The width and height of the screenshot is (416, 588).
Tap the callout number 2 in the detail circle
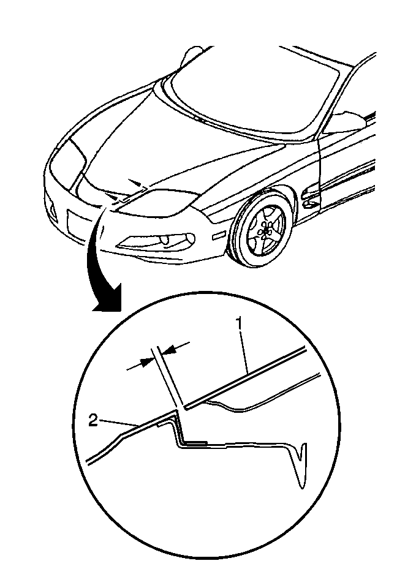pos(93,421)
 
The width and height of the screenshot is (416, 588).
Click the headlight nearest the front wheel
pos(157,203)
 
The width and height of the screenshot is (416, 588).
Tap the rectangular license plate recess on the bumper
pos(78,225)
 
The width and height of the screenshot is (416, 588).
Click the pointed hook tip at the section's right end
pos(301,488)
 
